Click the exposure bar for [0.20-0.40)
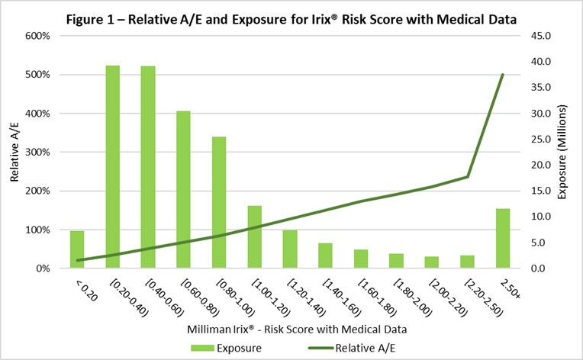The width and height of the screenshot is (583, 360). tap(113, 167)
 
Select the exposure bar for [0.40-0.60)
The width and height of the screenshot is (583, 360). tap(148, 167)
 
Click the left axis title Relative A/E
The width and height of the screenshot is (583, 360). tap(14, 153)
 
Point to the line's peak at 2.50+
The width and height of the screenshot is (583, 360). tap(503, 74)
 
